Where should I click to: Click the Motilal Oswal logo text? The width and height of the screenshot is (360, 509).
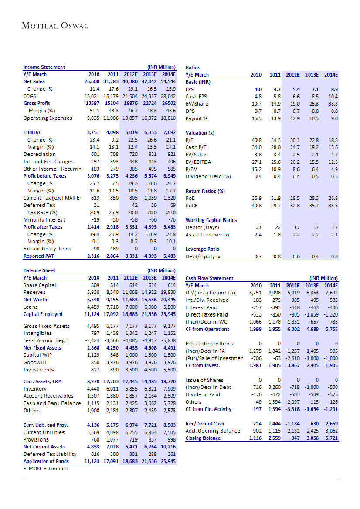click(x=55, y=26)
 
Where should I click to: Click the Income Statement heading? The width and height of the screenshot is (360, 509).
click(x=44, y=67)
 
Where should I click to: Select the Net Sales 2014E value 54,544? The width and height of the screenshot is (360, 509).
click(x=167, y=81)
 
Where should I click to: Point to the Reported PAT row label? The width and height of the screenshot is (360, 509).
click(x=40, y=256)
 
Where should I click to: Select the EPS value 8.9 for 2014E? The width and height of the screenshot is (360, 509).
click(x=334, y=89)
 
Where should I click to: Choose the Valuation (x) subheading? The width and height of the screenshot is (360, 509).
click(x=200, y=133)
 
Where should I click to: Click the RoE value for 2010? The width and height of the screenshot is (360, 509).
click(x=257, y=198)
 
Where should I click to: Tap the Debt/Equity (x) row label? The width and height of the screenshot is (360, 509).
click(x=204, y=256)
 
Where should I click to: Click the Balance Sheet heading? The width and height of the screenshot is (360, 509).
click(x=39, y=270)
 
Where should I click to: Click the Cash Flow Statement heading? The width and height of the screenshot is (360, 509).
click(x=209, y=278)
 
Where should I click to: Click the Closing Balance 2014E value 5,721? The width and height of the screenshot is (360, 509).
click(x=330, y=438)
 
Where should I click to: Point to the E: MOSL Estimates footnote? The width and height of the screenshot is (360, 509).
click(x=45, y=469)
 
